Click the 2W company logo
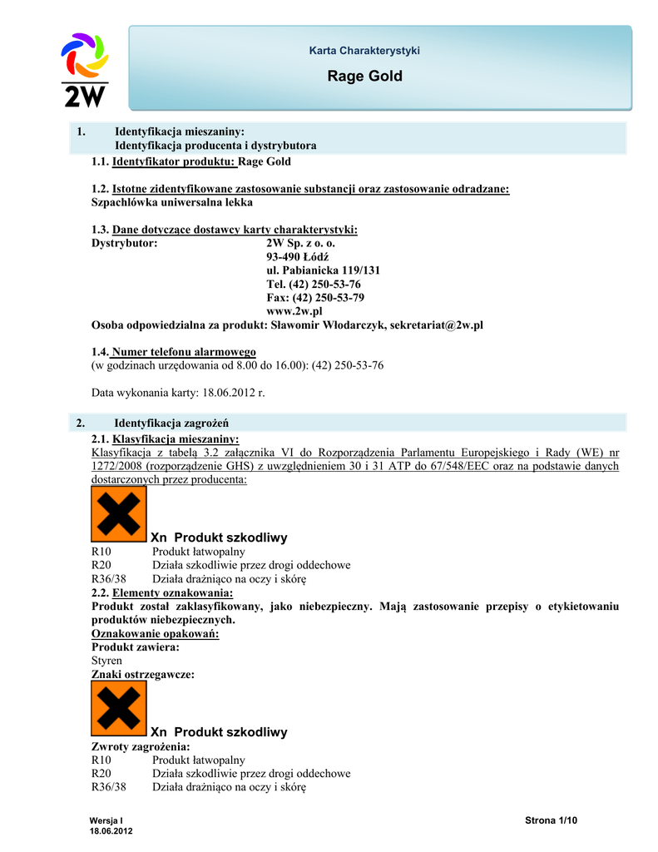85,70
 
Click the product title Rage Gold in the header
364,77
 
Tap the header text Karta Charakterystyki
364,51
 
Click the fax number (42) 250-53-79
315,297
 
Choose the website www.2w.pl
294,310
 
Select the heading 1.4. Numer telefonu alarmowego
174,352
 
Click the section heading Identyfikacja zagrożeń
171,423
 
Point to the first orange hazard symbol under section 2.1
118,513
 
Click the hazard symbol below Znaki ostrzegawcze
118,708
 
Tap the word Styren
106,660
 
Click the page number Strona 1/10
551,820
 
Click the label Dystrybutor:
124,244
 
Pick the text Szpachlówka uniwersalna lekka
171,202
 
